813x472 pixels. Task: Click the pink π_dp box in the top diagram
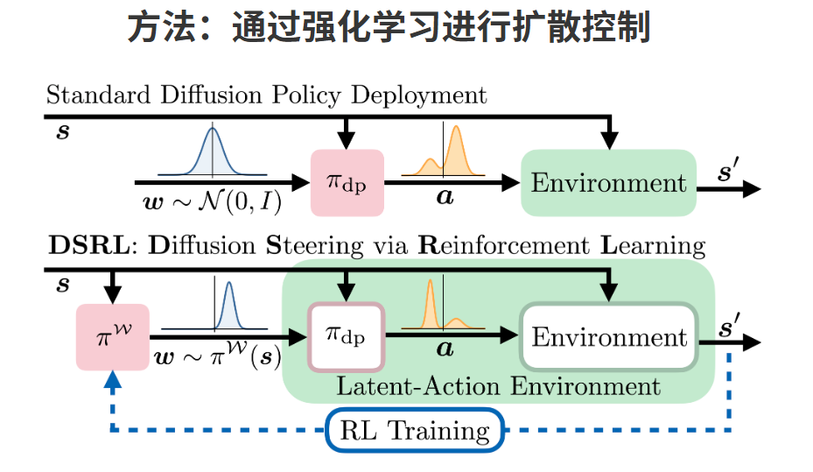(x=347, y=182)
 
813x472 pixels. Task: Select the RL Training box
(x=415, y=430)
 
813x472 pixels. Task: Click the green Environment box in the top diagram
(x=608, y=183)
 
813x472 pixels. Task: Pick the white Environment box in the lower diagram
(x=608, y=337)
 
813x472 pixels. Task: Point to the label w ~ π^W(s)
(x=221, y=357)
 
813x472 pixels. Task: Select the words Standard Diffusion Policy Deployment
(x=266, y=94)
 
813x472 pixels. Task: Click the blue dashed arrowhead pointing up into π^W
(x=111, y=378)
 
